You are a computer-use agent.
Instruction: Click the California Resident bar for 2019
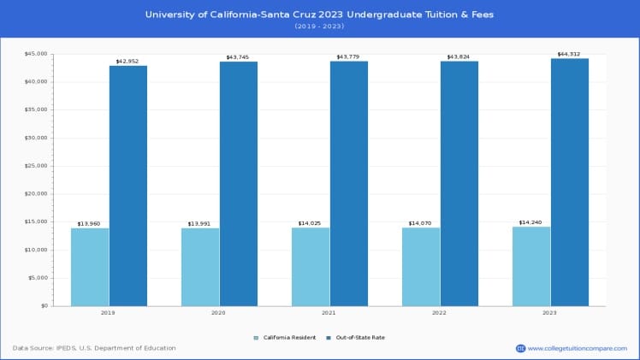(90, 267)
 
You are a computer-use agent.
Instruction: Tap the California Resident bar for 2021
(311, 267)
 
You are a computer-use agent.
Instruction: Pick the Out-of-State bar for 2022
(459, 183)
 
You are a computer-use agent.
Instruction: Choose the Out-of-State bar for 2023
(570, 182)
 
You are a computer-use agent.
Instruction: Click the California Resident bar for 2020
(200, 267)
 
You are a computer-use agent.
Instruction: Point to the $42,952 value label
(127, 61)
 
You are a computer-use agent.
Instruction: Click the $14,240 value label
(531, 222)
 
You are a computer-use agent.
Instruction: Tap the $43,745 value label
(238, 57)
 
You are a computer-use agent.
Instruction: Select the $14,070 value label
(421, 223)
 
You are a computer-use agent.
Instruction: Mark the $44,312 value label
(570, 54)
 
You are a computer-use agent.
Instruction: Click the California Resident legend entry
(287, 338)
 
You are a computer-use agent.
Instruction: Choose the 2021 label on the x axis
(329, 313)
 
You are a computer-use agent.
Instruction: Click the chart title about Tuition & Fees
(319, 15)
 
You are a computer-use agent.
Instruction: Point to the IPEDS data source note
(94, 348)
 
